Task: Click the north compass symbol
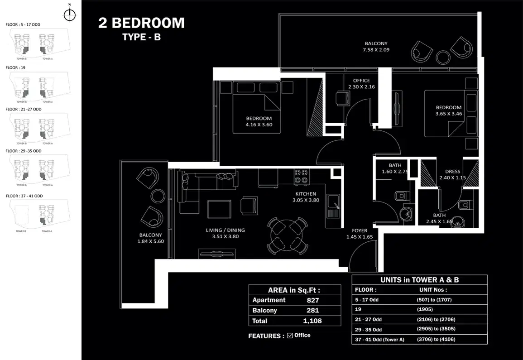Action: point(69,14)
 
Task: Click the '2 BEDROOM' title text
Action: point(141,23)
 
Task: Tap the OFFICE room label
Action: point(361,81)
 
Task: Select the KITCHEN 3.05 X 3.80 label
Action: point(306,197)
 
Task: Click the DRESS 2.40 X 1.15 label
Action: point(452,174)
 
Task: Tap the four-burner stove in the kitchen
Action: point(302,176)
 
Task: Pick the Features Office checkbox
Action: point(290,336)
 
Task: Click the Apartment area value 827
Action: point(312,300)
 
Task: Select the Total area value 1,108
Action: point(312,321)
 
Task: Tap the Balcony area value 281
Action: point(312,311)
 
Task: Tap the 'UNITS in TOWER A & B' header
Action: point(419,280)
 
